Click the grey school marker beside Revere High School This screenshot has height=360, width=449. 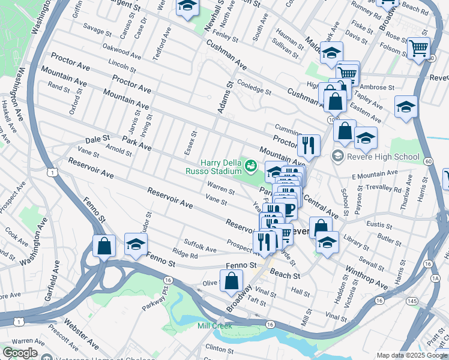[x=338, y=157]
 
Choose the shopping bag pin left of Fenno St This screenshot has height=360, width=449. [x=104, y=246]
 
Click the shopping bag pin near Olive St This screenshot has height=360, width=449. [x=232, y=281]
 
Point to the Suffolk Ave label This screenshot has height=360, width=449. [x=200, y=245]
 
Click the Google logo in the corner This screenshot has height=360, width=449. [x=20, y=353]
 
